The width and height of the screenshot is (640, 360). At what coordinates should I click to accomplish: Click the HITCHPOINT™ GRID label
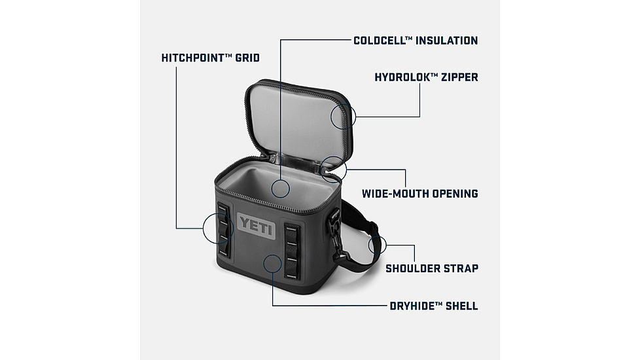(x=210, y=58)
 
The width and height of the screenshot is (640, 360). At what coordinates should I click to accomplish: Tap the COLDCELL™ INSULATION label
(x=416, y=41)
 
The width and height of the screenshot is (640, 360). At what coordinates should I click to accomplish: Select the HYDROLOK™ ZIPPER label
(x=426, y=77)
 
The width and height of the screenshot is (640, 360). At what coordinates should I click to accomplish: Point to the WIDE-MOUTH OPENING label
(x=419, y=194)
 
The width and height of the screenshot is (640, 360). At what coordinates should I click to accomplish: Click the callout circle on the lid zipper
(x=343, y=117)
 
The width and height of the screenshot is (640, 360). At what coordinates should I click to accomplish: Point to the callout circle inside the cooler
(x=280, y=188)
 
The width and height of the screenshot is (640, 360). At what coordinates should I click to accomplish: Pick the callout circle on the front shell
(x=273, y=263)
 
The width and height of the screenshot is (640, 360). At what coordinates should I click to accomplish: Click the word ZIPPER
(x=459, y=77)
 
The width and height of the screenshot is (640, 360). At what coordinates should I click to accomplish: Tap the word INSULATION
(x=447, y=41)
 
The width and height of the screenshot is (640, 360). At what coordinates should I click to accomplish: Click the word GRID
(x=247, y=58)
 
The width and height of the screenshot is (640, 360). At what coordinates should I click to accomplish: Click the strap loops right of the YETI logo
(x=292, y=248)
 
